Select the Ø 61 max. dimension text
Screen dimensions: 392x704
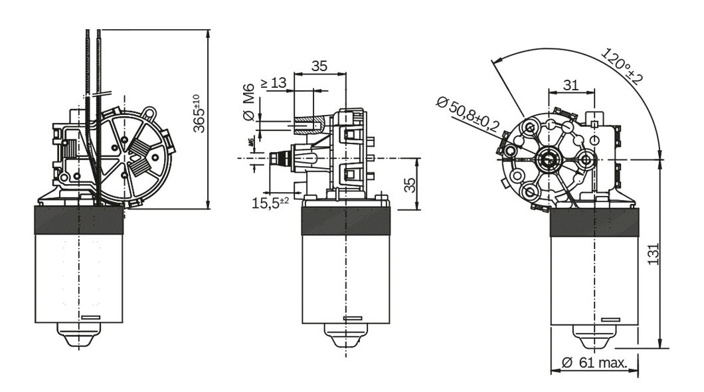pyautogui.click(x=594, y=363)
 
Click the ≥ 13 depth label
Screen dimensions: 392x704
pyautogui.click(x=273, y=83)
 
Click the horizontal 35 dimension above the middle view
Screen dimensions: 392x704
pyautogui.click(x=319, y=66)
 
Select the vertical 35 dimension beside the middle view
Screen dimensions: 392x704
pyautogui.click(x=412, y=185)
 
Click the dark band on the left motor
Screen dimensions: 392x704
pyautogui.click(x=79, y=220)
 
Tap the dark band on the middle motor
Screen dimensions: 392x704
pyautogui.click(x=345, y=220)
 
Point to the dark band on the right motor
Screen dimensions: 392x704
pyautogui.click(x=594, y=220)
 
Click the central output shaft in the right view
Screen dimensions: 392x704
pyautogui.click(x=549, y=159)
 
